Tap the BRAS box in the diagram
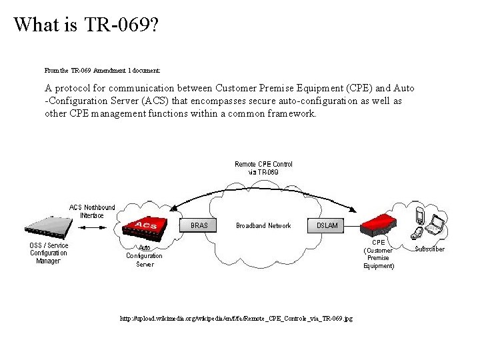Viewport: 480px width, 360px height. pos(199,225)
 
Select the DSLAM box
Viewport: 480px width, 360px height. pos(327,225)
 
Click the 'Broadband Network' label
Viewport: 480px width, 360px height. pos(263,225)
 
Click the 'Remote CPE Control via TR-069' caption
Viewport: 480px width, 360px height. pos(263,168)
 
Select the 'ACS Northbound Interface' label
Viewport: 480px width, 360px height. pos(92,211)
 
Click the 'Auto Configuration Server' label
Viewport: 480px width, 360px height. pos(145,256)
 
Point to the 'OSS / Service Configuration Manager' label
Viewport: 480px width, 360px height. pos(49,253)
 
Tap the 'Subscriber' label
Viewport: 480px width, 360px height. pos(429,249)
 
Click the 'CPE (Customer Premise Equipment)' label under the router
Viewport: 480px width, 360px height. pos(379,254)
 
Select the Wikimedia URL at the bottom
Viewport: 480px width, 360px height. pos(236,319)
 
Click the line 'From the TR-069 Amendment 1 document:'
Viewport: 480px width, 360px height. pos(102,69)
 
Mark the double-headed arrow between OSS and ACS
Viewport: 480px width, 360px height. pos(97,228)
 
